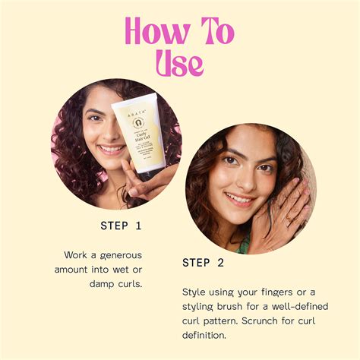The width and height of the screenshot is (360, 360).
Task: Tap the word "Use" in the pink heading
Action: tap(180, 63)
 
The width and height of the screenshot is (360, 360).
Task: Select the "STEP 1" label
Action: tap(121, 226)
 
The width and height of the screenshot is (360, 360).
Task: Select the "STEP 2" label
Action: tap(203, 263)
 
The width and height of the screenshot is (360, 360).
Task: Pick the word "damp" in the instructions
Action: tap(103, 284)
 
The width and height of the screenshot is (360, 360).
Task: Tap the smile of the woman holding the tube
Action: tap(110, 150)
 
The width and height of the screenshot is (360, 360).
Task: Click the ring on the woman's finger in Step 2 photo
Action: tap(289, 220)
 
